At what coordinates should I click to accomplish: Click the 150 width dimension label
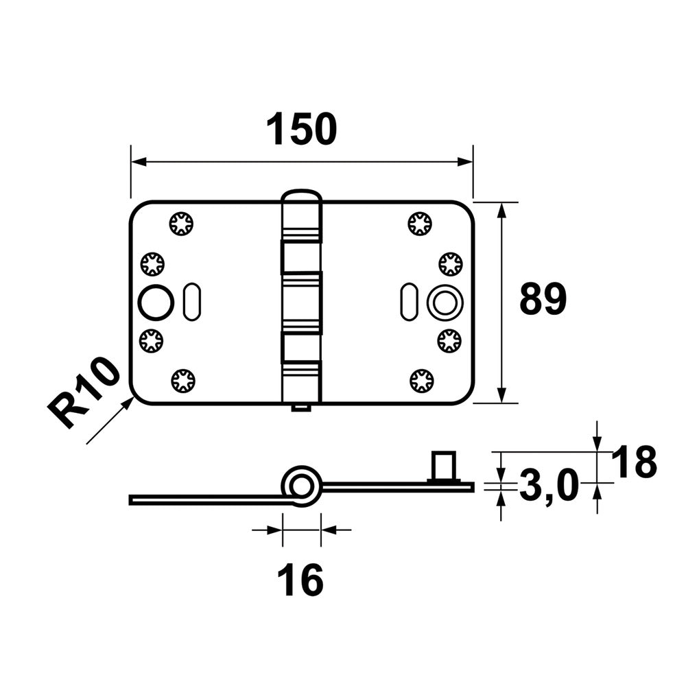pyautogui.click(x=302, y=129)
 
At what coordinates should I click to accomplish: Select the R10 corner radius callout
pyautogui.click(x=84, y=392)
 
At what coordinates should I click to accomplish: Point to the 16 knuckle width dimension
pyautogui.click(x=300, y=580)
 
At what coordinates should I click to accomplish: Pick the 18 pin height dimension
pyautogui.click(x=634, y=461)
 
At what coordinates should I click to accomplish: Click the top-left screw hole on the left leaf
pyautogui.click(x=181, y=224)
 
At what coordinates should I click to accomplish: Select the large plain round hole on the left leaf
pyautogui.click(x=156, y=303)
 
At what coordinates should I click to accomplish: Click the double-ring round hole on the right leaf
pyautogui.click(x=445, y=303)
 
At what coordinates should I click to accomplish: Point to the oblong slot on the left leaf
pyautogui.click(x=192, y=302)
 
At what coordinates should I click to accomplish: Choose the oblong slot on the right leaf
pyautogui.click(x=409, y=302)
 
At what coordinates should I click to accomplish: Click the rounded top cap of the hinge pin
pyautogui.click(x=302, y=198)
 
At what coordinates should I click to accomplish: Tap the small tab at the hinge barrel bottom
pyautogui.click(x=301, y=407)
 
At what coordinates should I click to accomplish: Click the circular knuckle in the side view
pyautogui.click(x=301, y=486)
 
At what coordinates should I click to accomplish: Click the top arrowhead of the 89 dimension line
pyautogui.click(x=502, y=211)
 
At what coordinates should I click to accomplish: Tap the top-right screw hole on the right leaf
pyautogui.click(x=420, y=224)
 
